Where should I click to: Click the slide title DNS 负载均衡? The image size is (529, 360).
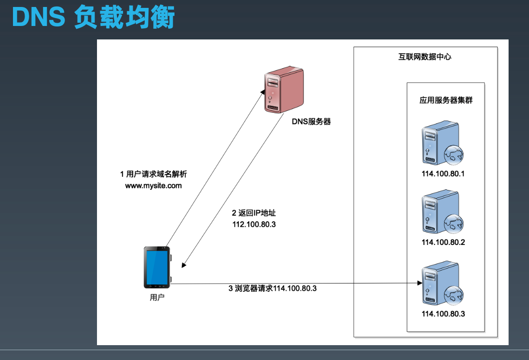[93, 17]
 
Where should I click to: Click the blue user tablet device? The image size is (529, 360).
[156, 268]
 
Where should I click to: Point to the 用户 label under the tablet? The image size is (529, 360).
[157, 297]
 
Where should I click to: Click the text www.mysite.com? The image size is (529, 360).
[153, 186]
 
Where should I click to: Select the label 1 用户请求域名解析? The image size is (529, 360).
[153, 174]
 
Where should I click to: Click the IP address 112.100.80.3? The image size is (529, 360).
[257, 224]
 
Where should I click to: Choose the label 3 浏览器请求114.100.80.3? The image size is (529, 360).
[272, 289]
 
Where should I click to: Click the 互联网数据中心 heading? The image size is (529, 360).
[425, 57]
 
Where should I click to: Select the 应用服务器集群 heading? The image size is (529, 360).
[446, 100]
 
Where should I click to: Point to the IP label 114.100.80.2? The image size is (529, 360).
[443, 242]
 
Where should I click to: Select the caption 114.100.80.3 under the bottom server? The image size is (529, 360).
[443, 314]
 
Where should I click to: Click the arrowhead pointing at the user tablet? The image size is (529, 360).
[184, 265]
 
